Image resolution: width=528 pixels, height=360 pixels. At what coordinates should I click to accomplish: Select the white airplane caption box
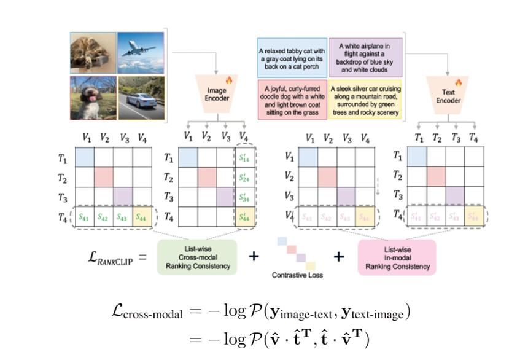click(365, 57)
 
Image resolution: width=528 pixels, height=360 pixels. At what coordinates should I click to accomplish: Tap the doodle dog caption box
click(291, 97)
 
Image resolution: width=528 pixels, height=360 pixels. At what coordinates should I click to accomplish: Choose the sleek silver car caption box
click(365, 98)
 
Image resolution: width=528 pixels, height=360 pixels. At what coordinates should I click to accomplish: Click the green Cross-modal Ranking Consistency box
click(197, 257)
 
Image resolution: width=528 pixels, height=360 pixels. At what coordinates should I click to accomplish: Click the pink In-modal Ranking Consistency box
click(397, 257)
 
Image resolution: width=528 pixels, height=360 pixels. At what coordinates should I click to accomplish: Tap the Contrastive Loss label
click(297, 276)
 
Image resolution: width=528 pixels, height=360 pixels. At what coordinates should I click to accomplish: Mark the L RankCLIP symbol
click(114, 257)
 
